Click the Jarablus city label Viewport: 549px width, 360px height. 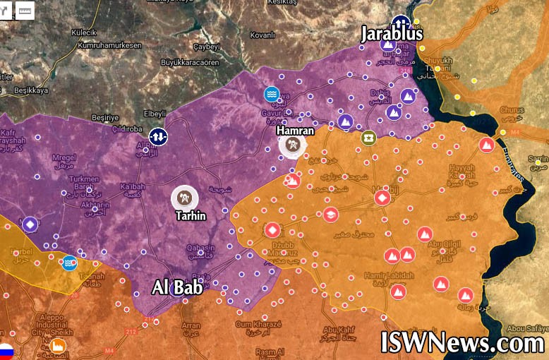pyautogui.click(x=392, y=33)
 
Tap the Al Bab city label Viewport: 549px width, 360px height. pyautogui.click(x=178, y=287)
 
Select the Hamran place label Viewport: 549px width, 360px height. pyautogui.click(x=295, y=130)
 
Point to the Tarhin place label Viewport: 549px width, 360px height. pyautogui.click(x=189, y=215)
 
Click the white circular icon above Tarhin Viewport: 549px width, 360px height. pyautogui.click(x=185, y=198)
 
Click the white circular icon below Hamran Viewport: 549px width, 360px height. pyautogui.click(x=293, y=145)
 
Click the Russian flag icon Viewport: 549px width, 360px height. pyautogui.click(x=6, y=351)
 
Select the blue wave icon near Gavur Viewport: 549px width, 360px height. pyautogui.click(x=272, y=94)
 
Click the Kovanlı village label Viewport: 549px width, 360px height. pyautogui.click(x=260, y=35)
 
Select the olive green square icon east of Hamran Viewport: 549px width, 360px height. pyautogui.click(x=368, y=138)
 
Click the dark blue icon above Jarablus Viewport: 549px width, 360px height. pyautogui.click(x=401, y=21)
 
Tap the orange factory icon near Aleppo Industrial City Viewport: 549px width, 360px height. pyautogui.click(x=57, y=346)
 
